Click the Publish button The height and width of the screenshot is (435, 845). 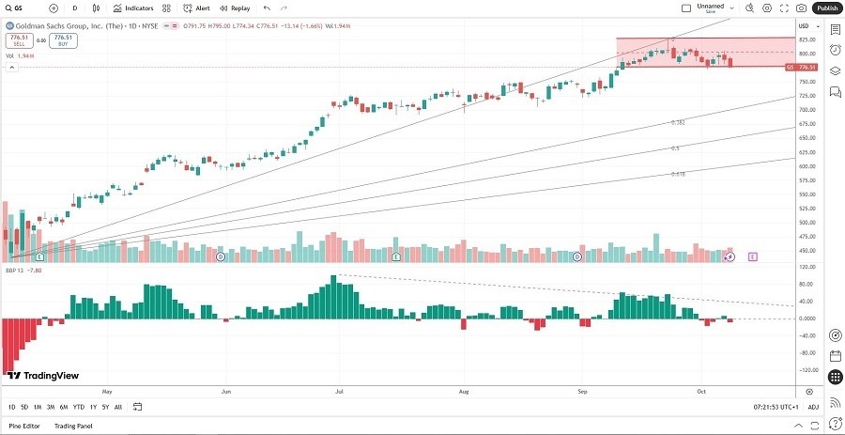(827, 8)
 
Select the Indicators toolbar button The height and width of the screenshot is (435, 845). (134, 8)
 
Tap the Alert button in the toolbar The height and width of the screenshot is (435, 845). (197, 8)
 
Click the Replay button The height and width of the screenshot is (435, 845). (235, 8)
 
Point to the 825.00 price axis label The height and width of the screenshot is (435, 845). (806, 40)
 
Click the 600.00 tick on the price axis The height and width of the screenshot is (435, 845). (806, 166)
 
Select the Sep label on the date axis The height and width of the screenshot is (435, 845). (582, 389)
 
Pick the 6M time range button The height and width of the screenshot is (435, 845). (63, 407)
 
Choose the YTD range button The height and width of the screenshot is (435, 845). (78, 407)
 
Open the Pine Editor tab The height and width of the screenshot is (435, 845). (25, 426)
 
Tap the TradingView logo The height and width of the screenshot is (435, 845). (43, 376)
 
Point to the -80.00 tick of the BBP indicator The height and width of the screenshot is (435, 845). (806, 352)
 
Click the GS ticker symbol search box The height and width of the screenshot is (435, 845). (21, 8)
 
